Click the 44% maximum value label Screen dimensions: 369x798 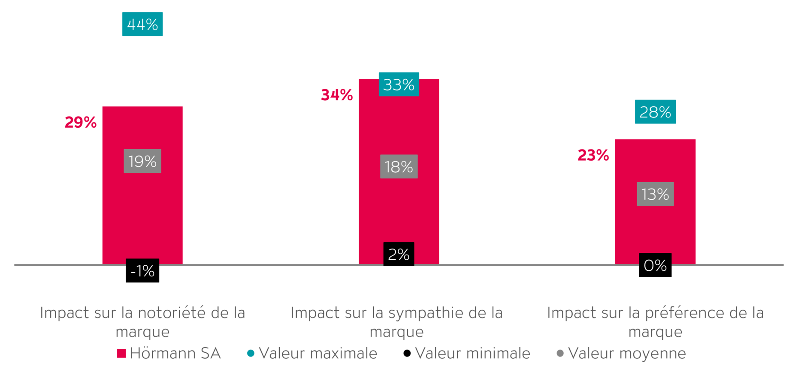(x=142, y=24)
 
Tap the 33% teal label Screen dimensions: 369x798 (x=399, y=84)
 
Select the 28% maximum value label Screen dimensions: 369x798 (x=655, y=112)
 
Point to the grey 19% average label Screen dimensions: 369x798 (x=142, y=161)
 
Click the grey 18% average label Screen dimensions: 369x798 (x=399, y=166)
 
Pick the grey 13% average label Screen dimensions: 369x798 (x=655, y=194)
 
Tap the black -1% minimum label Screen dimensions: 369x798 (x=142, y=270)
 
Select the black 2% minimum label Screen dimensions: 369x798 (x=399, y=254)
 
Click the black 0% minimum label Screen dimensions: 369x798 (x=655, y=265)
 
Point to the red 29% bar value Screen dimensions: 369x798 (x=81, y=123)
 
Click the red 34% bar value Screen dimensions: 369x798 (x=337, y=95)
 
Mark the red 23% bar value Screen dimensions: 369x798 (x=593, y=155)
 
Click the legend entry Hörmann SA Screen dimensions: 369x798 (x=175, y=354)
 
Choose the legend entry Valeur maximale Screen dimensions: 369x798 (x=318, y=354)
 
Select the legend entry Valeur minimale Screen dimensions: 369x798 (x=472, y=354)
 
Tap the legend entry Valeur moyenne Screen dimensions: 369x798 (x=627, y=354)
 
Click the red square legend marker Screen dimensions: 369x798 (x=121, y=354)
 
